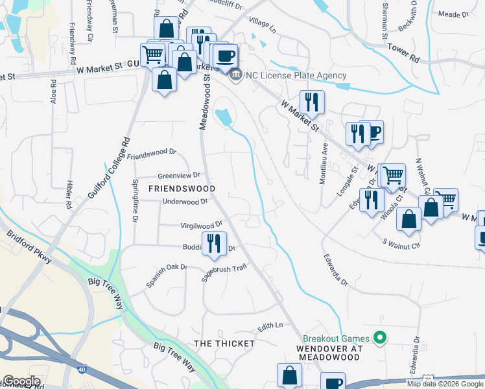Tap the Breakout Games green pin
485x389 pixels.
pos(381,338)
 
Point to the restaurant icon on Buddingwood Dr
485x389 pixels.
pos(214,244)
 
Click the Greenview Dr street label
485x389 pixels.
pos(179,176)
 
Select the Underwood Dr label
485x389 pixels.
pos(185,202)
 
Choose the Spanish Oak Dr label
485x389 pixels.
pos(167,275)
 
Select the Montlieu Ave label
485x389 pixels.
pos(323,165)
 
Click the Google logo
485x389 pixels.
pos(21,381)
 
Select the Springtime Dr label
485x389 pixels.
pos(136,201)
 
